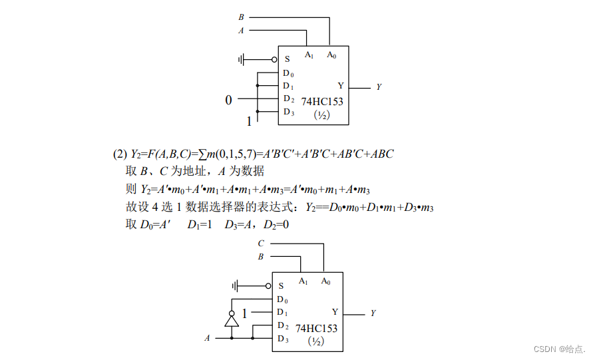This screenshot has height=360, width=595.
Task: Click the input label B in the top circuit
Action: (241, 17)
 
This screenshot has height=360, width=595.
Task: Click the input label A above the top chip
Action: (241, 31)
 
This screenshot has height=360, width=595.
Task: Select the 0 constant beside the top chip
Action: (228, 100)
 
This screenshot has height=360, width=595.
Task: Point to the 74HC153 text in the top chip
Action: (322, 102)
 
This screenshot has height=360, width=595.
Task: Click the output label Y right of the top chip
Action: (379, 87)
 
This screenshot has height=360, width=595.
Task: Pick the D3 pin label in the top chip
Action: (288, 112)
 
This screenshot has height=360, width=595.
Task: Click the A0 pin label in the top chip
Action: (331, 55)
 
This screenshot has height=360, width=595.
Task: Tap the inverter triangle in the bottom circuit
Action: (232, 321)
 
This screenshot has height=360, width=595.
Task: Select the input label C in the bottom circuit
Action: (261, 244)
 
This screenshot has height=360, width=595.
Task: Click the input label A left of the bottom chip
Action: (207, 338)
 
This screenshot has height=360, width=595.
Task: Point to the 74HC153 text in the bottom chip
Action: (316, 328)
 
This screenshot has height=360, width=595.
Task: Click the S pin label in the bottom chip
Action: (281, 285)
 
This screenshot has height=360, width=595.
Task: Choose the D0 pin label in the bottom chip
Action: (282, 299)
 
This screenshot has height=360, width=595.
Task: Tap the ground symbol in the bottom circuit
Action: (235, 285)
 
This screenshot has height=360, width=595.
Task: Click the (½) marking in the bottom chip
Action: (316, 341)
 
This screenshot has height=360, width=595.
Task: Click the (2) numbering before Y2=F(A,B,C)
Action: (120, 154)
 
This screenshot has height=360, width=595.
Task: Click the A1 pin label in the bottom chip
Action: (303, 281)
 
